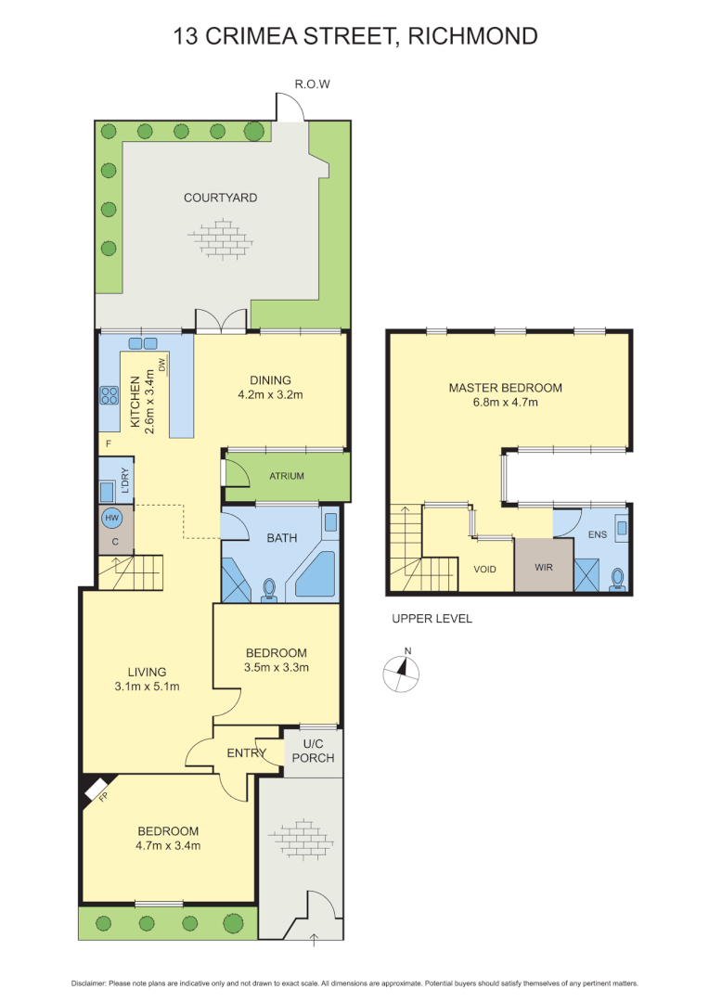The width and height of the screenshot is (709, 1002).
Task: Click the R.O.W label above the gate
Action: point(312,84)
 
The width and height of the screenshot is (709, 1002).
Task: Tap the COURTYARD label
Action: point(220,198)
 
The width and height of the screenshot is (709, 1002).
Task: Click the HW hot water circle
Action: point(111,517)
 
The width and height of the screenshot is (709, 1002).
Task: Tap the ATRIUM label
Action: point(287,476)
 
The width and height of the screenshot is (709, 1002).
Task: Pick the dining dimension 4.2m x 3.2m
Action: point(270,394)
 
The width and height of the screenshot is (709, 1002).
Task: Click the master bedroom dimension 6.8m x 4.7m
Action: point(506,403)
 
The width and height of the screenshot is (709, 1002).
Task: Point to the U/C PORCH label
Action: point(311,751)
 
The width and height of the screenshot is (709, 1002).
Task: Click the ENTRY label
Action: point(247,752)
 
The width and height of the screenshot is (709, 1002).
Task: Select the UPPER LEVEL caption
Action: point(432,619)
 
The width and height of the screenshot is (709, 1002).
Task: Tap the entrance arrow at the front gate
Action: point(314,940)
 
